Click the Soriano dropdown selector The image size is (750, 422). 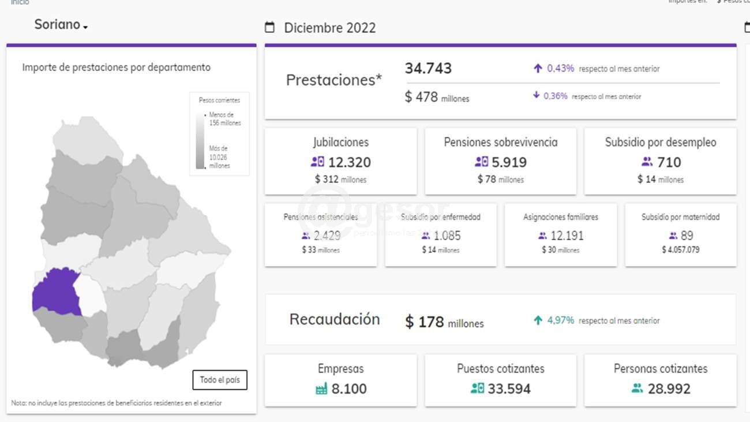(x=61, y=25)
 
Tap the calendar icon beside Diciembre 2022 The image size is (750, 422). (x=269, y=27)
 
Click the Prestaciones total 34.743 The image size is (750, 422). (x=428, y=68)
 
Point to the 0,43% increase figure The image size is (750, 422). (x=560, y=68)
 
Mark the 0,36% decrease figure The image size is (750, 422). (x=555, y=96)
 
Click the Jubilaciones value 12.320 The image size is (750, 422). (x=350, y=162)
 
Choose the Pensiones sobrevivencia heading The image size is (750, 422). (x=501, y=142)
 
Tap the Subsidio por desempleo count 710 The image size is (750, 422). (x=669, y=162)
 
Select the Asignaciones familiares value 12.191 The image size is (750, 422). (x=568, y=236)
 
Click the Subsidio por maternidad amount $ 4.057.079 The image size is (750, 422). (x=681, y=250)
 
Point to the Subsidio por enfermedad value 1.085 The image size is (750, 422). (x=447, y=236)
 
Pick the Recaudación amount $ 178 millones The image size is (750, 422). (x=444, y=322)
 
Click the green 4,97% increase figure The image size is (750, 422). (x=560, y=320)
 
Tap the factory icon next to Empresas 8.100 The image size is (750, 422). (x=321, y=389)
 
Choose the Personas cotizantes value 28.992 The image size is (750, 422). (x=669, y=389)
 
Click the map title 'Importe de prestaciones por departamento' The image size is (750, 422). (x=117, y=68)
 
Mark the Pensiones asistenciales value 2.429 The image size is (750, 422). (x=327, y=236)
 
